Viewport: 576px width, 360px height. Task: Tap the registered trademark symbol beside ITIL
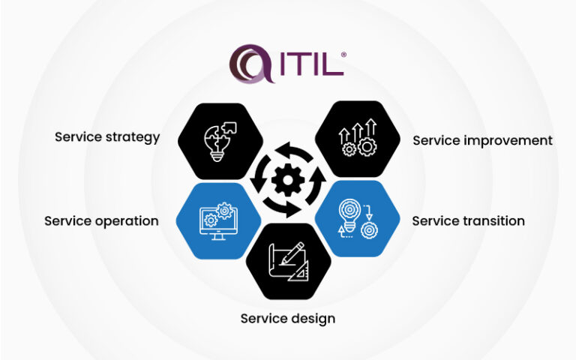[343, 55]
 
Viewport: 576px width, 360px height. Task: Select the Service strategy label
[107, 137]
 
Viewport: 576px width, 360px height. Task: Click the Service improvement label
[482, 140]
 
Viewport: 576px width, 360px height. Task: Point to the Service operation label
[101, 221]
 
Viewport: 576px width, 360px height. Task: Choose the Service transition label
[468, 221]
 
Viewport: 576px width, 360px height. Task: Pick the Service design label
[287, 319]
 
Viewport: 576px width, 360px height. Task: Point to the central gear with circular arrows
[287, 181]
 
